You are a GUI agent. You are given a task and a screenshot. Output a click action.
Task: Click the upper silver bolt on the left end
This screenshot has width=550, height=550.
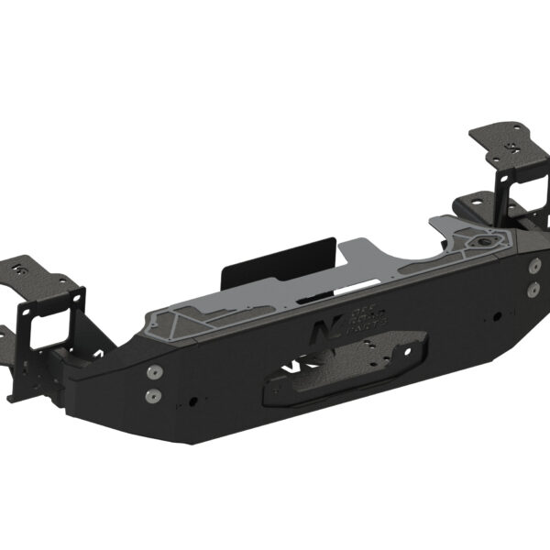coord(153,372)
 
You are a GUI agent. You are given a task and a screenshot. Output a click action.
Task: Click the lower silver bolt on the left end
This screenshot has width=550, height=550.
coord(153,396)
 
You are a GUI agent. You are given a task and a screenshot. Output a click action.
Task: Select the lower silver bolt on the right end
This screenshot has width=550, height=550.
coord(533,288)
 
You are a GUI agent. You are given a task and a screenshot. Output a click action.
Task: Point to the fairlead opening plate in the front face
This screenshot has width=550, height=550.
coord(339,371)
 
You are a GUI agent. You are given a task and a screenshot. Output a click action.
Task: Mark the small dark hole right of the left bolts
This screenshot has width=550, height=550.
coord(193,401)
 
